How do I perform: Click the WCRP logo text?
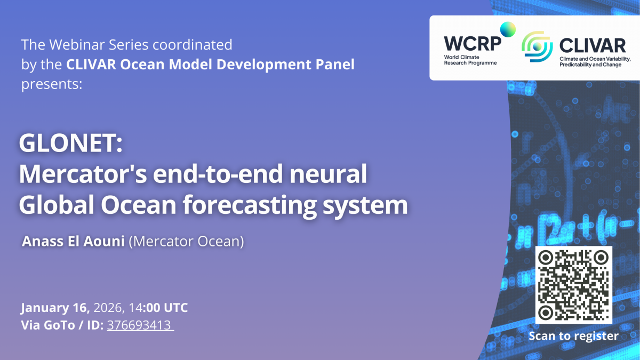[473, 44]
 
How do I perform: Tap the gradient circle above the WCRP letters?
[508, 29]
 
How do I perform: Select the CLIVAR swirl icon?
[537, 46]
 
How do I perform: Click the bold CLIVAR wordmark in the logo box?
[593, 46]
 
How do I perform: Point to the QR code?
[574, 285]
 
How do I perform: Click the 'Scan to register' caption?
[573, 336]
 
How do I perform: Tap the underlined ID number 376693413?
[139, 325]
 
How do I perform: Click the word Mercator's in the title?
[83, 174]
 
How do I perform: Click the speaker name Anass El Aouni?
[73, 241]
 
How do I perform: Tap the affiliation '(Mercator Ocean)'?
[187, 242]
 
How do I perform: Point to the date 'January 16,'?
[55, 308]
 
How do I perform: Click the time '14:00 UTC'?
[158, 308]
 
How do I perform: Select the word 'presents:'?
[52, 84]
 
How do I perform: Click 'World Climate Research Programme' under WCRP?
[470, 60]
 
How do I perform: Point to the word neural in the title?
[328, 174]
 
